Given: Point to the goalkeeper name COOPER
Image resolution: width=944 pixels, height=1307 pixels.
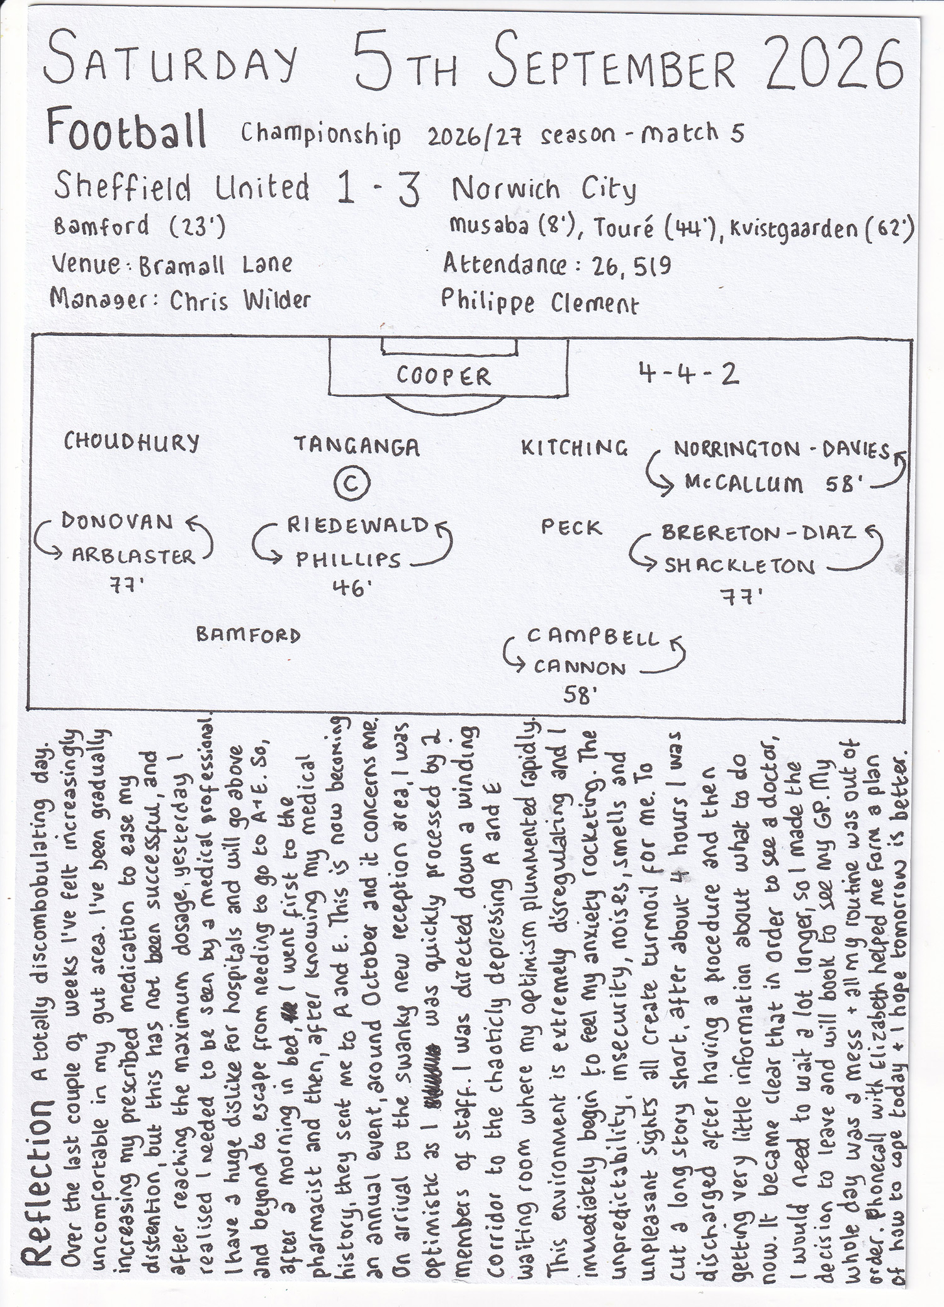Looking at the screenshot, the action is click(x=443, y=376).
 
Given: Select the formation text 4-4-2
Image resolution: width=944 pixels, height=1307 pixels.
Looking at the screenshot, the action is click(x=687, y=374).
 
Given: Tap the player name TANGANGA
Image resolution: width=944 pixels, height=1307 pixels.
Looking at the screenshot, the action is click(x=357, y=446).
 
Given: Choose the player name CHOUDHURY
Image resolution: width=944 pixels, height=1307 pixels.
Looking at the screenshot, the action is click(x=132, y=443).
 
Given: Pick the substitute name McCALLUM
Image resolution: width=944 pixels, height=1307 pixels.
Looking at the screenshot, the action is click(x=744, y=484).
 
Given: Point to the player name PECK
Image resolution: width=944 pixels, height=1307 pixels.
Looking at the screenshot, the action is click(x=571, y=527).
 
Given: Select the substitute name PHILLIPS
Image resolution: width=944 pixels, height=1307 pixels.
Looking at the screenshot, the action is click(x=348, y=559).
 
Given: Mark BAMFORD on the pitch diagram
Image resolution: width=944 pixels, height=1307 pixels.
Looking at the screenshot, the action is click(x=249, y=635).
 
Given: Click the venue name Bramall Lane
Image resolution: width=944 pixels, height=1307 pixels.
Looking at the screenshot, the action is click(x=215, y=265).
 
